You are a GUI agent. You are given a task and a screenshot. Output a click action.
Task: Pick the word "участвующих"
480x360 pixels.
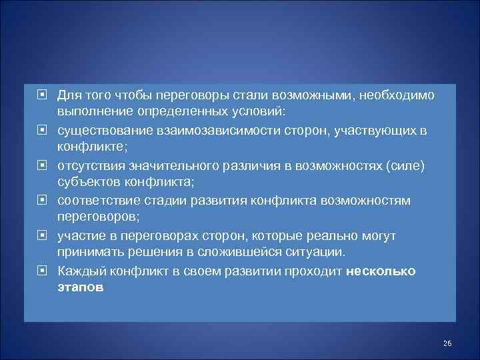click(x=370, y=130)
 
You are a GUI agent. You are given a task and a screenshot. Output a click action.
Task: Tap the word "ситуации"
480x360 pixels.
click(x=318, y=253)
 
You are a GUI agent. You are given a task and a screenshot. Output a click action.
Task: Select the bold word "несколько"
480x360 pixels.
click(x=381, y=271)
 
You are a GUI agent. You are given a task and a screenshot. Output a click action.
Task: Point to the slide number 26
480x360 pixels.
click(x=447, y=343)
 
